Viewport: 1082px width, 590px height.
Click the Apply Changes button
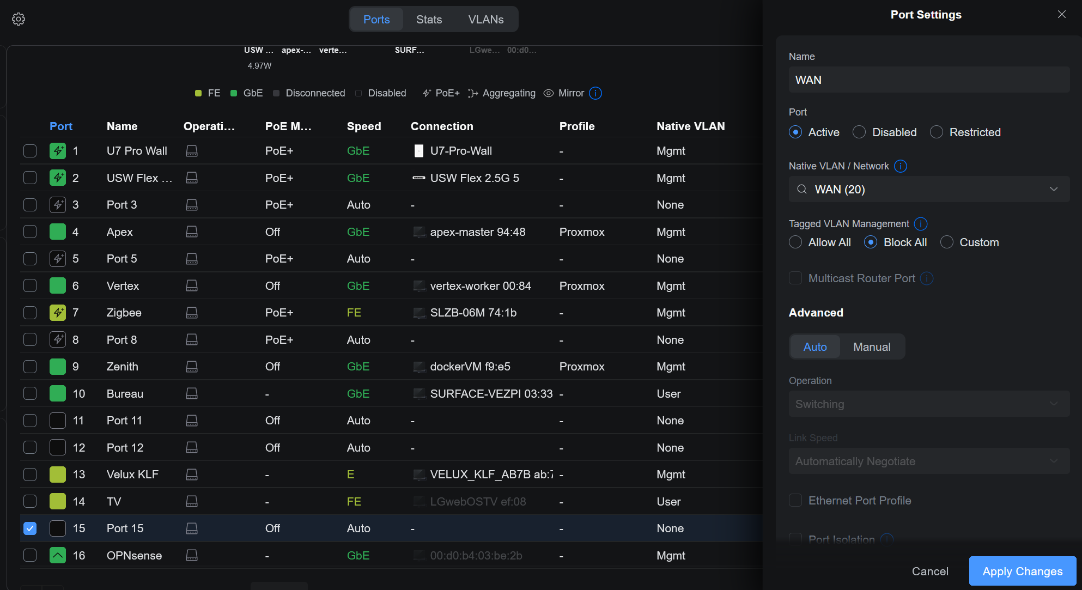pyautogui.click(x=1022, y=571)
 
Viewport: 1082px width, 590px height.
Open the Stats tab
pyautogui.click(x=429, y=20)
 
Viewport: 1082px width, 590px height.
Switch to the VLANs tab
pyautogui.click(x=485, y=20)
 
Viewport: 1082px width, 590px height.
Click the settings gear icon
pyautogui.click(x=19, y=19)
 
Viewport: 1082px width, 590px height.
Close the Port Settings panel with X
pyautogui.click(x=1061, y=15)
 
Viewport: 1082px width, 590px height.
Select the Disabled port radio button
pyautogui.click(x=859, y=132)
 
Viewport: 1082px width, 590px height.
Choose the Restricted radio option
pyautogui.click(x=937, y=132)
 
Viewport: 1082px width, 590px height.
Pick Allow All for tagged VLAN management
pyautogui.click(x=795, y=242)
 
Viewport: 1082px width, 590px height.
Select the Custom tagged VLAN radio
pyautogui.click(x=947, y=242)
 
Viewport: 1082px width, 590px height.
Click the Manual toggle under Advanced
pyautogui.click(x=872, y=347)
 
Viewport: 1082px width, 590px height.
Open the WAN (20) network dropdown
pyautogui.click(x=929, y=190)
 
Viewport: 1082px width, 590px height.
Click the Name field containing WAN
pyautogui.click(x=929, y=80)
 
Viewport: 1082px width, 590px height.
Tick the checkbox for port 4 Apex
pyautogui.click(x=30, y=232)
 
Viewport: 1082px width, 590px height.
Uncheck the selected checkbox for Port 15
pyautogui.click(x=30, y=528)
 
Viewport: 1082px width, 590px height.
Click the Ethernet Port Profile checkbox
pyautogui.click(x=795, y=501)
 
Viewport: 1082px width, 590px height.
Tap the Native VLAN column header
pyautogui.click(x=690, y=126)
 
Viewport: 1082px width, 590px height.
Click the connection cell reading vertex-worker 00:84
pyautogui.click(x=480, y=286)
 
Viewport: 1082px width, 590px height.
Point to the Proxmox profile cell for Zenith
pyautogui.click(x=581, y=367)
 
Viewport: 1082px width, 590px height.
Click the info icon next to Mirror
pyautogui.click(x=595, y=93)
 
